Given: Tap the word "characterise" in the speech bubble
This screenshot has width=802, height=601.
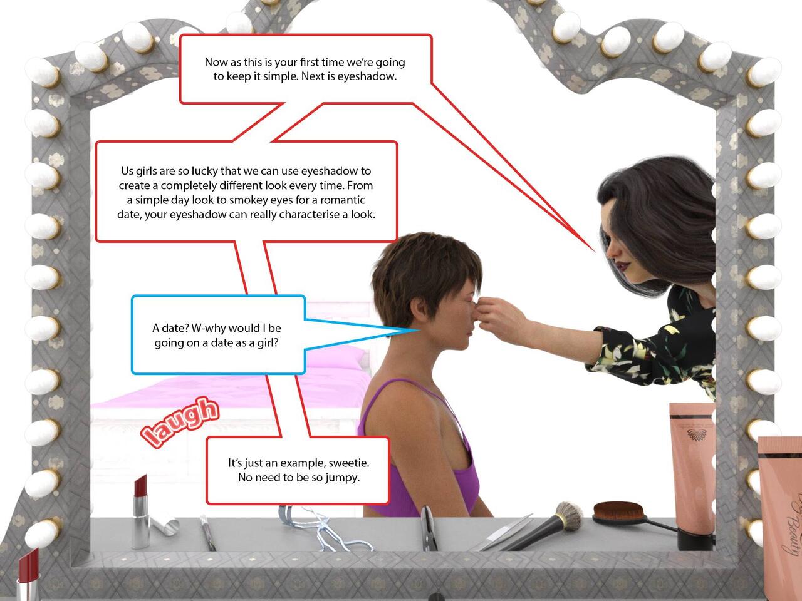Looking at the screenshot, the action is (x=309, y=215).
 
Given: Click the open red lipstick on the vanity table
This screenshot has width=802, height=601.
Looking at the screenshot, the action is (x=140, y=511).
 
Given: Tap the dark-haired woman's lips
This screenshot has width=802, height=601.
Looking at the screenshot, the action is (x=620, y=267).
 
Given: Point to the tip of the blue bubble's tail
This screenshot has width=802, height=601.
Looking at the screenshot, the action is (x=419, y=330).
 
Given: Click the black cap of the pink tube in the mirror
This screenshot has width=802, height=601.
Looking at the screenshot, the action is (x=696, y=538).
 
